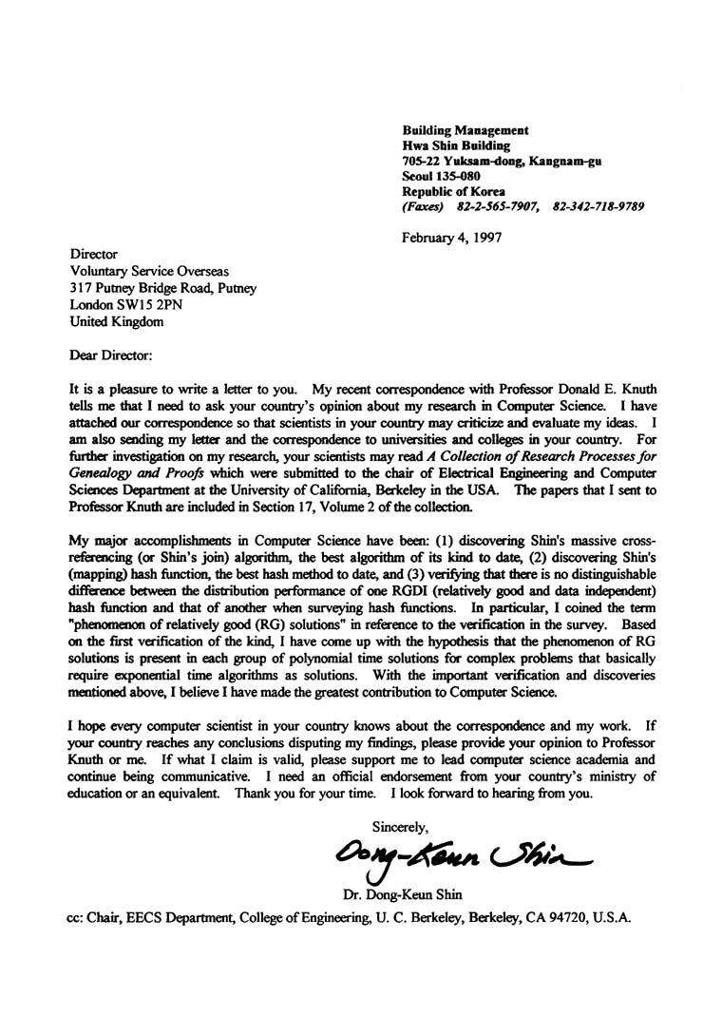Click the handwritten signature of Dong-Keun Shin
tap(461, 858)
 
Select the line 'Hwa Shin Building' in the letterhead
tap(456, 145)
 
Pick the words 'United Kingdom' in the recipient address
tap(116, 321)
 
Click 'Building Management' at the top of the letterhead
tap(465, 130)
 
